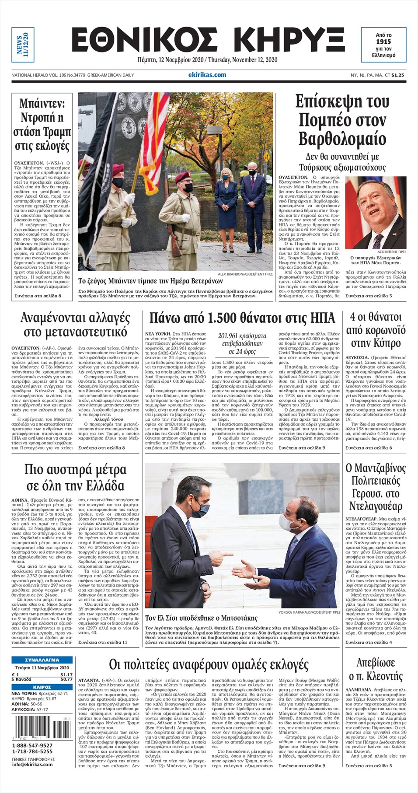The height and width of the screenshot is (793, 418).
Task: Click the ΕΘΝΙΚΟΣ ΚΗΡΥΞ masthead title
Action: [x=208, y=40]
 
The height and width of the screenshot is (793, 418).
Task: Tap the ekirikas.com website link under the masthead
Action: [x=207, y=75]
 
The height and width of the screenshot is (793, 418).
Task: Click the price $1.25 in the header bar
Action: [x=397, y=75]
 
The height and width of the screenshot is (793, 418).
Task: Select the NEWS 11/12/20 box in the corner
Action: [x=23, y=45]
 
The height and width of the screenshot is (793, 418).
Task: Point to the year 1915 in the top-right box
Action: [x=383, y=42]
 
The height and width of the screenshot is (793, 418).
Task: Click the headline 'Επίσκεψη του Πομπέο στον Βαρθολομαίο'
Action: [x=342, y=120]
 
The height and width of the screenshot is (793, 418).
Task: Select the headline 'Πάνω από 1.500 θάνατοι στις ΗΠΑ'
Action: [x=242, y=318]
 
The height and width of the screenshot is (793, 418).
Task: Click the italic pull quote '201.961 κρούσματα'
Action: [x=242, y=336]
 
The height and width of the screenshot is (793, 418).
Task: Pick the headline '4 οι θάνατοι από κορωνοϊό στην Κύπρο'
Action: [x=375, y=330]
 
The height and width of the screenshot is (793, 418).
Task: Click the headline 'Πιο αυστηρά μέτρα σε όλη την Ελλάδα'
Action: [x=75, y=478]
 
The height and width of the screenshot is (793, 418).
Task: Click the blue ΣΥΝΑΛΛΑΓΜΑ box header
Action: [x=42, y=660]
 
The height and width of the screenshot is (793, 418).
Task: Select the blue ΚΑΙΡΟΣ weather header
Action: [x=42, y=687]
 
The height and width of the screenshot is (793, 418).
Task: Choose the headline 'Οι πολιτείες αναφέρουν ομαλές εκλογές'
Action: [x=209, y=665]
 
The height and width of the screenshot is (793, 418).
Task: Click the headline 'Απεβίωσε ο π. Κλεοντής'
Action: [x=375, y=669]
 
